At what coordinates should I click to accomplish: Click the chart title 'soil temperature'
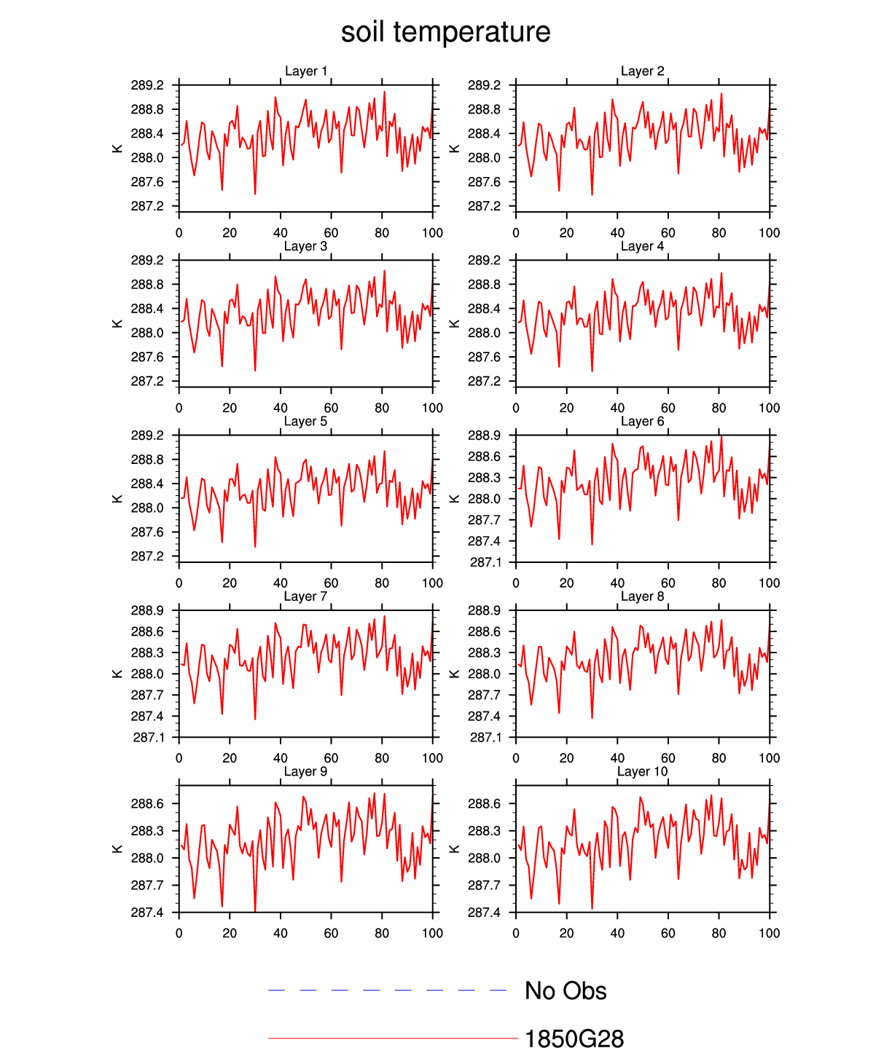tap(445, 32)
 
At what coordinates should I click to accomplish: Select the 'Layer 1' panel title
tap(306, 71)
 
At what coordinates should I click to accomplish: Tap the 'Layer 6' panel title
tap(642, 421)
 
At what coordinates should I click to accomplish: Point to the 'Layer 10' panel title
tap(642, 771)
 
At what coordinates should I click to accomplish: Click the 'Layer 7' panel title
tap(306, 596)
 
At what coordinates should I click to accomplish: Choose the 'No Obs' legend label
tap(566, 990)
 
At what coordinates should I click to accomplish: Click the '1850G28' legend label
tap(574, 1039)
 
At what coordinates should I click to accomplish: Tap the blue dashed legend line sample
tap(387, 990)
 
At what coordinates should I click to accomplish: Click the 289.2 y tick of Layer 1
tap(147, 85)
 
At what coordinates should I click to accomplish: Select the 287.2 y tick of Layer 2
tap(484, 206)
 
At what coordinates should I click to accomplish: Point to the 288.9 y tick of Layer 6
tap(484, 436)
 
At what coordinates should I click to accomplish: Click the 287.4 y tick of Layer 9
tap(147, 913)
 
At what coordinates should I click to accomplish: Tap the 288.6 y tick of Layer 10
tap(484, 804)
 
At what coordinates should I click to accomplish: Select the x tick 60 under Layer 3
tap(331, 408)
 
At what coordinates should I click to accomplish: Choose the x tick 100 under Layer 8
tap(769, 758)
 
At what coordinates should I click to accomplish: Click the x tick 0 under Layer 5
tap(179, 583)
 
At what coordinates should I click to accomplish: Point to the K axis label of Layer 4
tap(454, 323)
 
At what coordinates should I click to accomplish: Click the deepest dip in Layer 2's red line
tap(592, 194)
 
